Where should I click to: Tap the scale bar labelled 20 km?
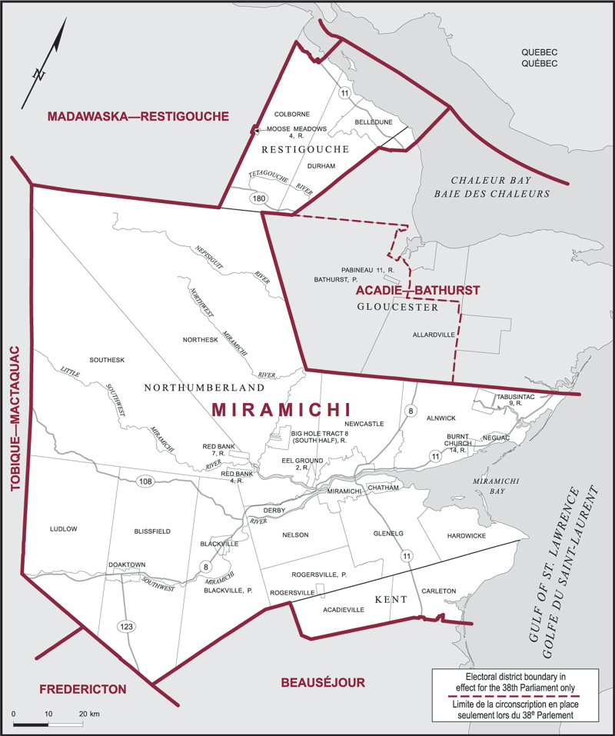coord(48,724)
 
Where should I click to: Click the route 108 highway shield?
coord(145,481)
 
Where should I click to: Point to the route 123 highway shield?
coord(127,627)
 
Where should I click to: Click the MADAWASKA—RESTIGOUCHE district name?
coord(138,117)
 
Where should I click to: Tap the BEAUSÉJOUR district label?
coord(322,682)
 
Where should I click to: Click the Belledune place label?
coord(374,122)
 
